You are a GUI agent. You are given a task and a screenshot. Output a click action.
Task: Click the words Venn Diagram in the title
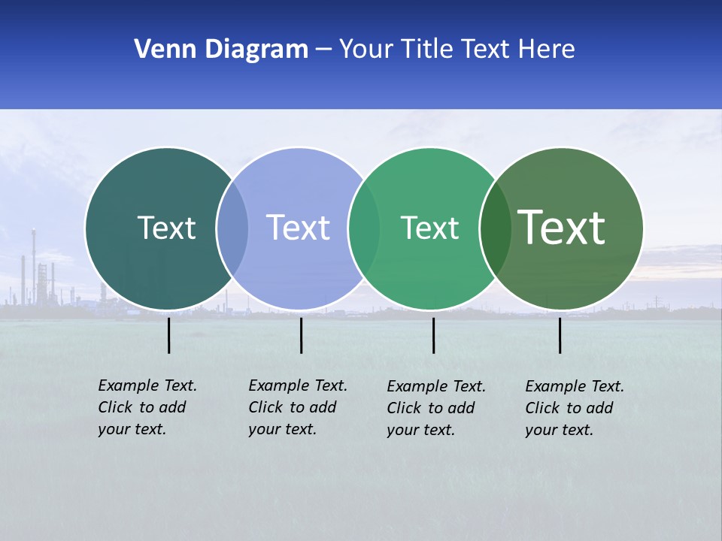[221, 50]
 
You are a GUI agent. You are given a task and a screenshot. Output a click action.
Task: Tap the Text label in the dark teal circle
[166, 228]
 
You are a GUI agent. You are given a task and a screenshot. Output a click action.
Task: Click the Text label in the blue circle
[298, 228]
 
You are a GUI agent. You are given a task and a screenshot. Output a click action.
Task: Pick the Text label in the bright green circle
[429, 228]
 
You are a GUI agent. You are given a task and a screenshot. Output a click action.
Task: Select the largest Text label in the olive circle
[561, 228]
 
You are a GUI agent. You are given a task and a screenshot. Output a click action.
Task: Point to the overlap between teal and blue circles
[232, 228]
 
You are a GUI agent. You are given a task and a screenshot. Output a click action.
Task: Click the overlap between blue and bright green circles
[364, 228]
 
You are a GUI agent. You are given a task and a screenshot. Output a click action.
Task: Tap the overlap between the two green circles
[495, 228]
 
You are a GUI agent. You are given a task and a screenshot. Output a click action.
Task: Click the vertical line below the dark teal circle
[169, 335]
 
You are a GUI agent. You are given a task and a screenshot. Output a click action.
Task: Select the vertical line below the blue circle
[301, 335]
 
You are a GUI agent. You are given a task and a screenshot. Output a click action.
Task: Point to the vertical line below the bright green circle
[433, 335]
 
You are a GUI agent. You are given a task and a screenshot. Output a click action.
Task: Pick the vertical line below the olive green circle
[560, 335]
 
